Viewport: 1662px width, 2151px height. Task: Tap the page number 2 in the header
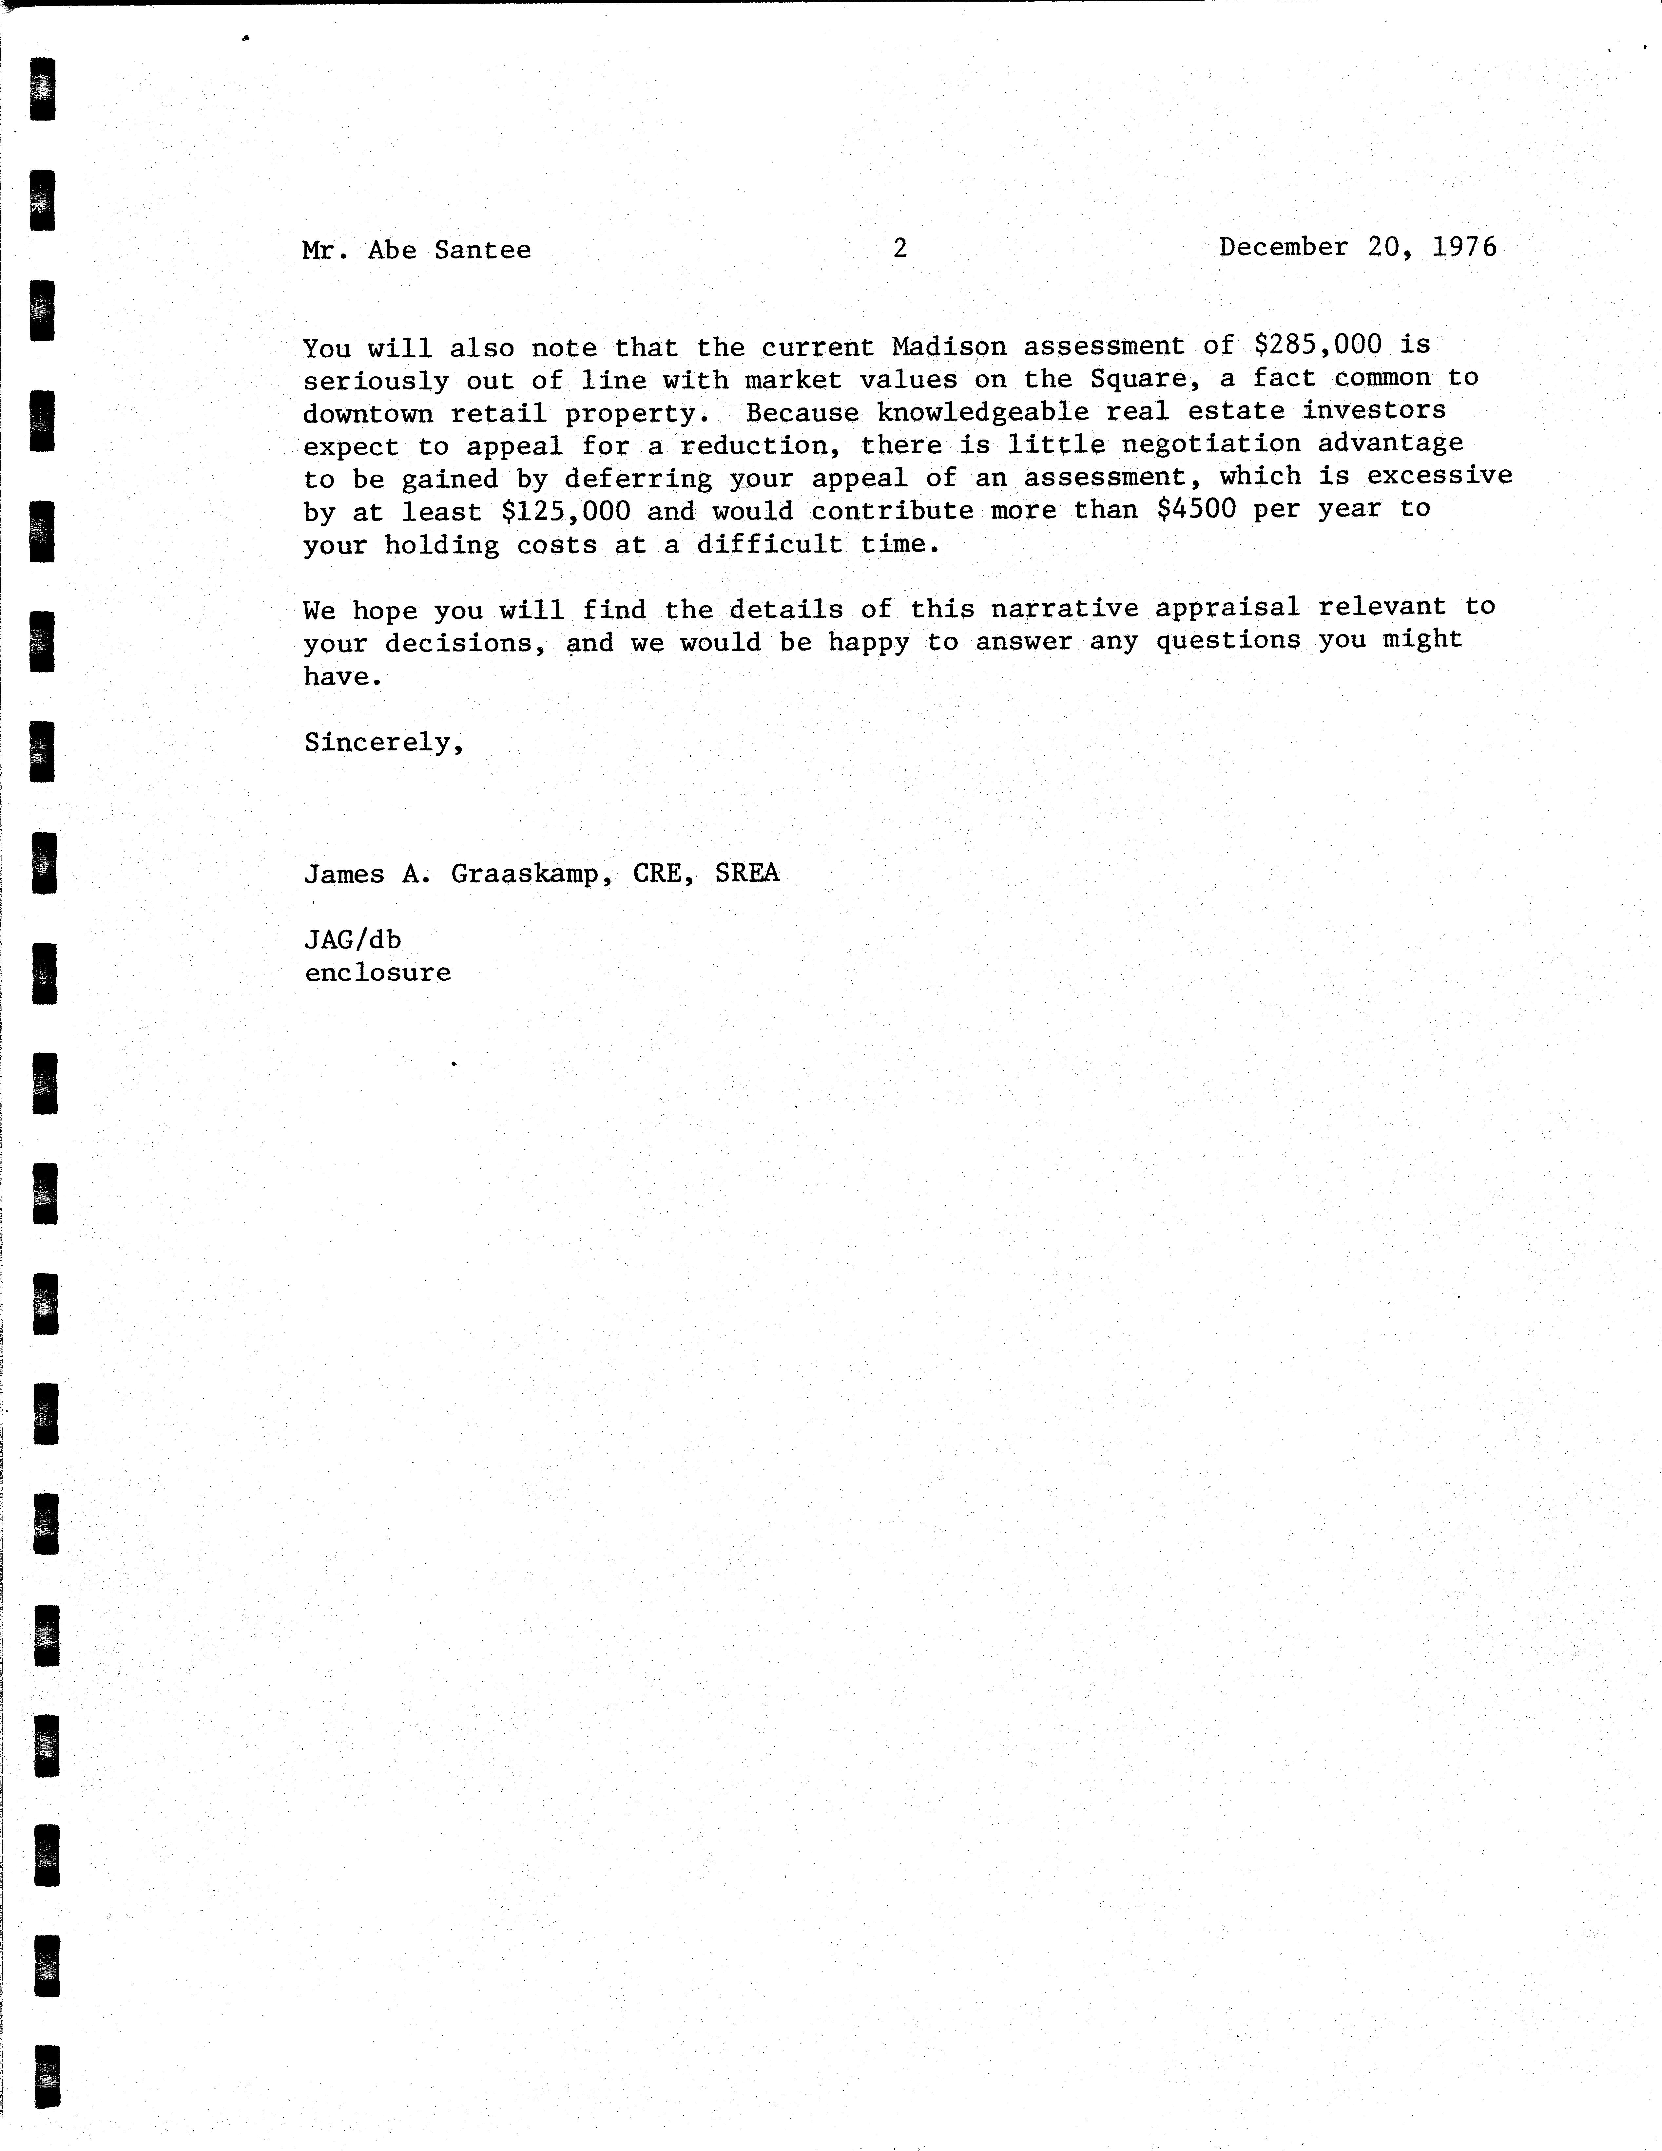click(899, 248)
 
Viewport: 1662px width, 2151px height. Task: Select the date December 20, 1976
click(1358, 246)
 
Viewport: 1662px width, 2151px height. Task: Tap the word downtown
click(367, 414)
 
